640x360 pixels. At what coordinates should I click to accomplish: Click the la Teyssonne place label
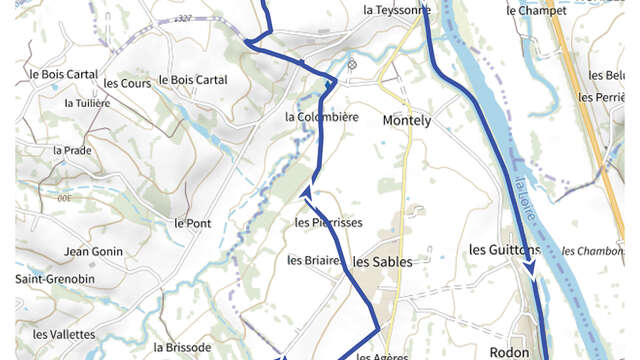pos(397,10)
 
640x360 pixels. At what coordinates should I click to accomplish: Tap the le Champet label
pos(536,11)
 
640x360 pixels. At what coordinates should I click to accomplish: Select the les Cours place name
pos(127,83)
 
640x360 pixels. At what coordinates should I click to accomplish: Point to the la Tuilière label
pos(85,103)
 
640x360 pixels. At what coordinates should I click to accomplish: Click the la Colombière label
pos(321,117)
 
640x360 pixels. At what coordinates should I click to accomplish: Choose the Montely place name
pos(407,120)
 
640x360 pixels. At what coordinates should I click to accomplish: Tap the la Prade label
pos(72,150)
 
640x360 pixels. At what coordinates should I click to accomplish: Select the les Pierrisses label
pos(328,222)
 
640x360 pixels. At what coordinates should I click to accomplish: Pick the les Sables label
pos(383,261)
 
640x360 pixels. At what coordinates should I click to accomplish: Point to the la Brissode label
pos(183,347)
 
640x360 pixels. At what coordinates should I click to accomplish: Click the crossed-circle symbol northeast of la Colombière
pos(352,65)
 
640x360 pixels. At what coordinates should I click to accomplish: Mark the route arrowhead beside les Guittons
pos(530,268)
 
